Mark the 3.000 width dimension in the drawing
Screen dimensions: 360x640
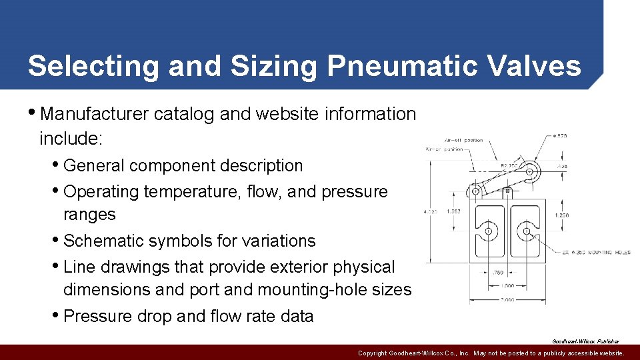508,300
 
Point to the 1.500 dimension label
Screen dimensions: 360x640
508,286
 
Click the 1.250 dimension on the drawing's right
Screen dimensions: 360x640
562,215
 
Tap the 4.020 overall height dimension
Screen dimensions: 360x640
431,212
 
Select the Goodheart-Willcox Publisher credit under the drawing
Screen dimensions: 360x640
585,341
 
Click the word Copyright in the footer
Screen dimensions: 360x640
373,353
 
